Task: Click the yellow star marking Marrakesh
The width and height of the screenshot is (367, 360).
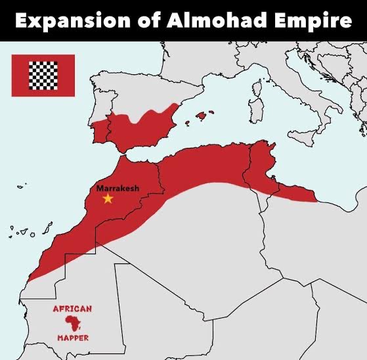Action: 108,198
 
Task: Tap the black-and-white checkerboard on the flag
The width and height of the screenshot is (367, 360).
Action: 43,76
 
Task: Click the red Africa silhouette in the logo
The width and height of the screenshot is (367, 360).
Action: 72,323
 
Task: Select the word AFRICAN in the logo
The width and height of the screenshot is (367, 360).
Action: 72,308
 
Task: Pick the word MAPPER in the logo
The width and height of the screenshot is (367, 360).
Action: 72,338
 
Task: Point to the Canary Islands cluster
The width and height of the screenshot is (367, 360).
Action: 30,231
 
